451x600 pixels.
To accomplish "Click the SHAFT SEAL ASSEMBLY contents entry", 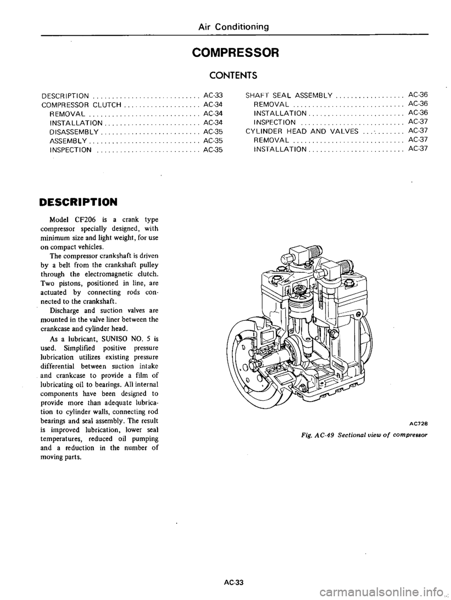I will coord(289,95).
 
